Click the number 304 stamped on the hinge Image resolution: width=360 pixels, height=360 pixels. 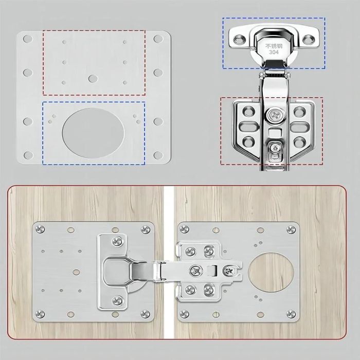tap(274, 52)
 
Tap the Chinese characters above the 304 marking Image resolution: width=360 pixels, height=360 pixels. tap(274, 46)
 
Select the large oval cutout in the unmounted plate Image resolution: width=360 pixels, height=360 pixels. tap(93, 133)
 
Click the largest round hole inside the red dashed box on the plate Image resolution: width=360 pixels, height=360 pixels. tap(93, 79)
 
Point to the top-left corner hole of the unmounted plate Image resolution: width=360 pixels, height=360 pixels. tap(28, 39)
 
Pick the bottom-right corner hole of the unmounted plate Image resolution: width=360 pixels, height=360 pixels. tap(158, 155)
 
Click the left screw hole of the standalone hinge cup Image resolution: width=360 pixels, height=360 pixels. tap(239, 40)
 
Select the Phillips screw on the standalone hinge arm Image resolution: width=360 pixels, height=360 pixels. tap(274, 115)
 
